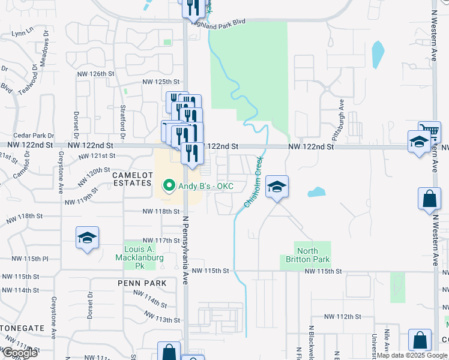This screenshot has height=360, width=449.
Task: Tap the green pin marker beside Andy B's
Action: (x=169, y=186)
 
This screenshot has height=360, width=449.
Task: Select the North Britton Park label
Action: (x=307, y=255)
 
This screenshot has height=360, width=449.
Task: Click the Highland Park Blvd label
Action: (x=218, y=22)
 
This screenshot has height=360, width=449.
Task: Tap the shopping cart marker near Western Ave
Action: (x=429, y=130)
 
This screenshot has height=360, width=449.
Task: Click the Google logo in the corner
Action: (x=19, y=353)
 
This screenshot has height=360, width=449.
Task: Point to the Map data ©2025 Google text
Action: (x=411, y=355)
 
